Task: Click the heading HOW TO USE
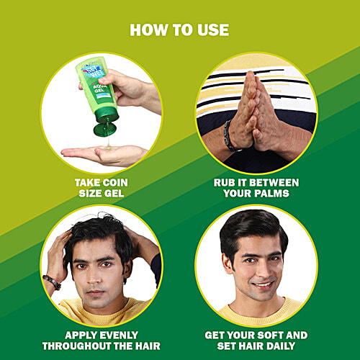click(x=179, y=30)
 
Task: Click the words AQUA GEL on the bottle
click(x=99, y=87)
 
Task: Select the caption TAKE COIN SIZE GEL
click(x=102, y=188)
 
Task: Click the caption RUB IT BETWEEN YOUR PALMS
click(x=256, y=188)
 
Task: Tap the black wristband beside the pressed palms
click(x=230, y=136)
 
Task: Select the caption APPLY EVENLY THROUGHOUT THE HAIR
click(x=102, y=341)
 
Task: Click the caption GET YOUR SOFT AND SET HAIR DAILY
click(x=256, y=341)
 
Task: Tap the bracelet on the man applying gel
click(x=52, y=282)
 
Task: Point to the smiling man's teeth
click(x=263, y=285)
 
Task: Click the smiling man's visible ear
click(x=227, y=264)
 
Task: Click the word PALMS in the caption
click(x=273, y=193)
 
